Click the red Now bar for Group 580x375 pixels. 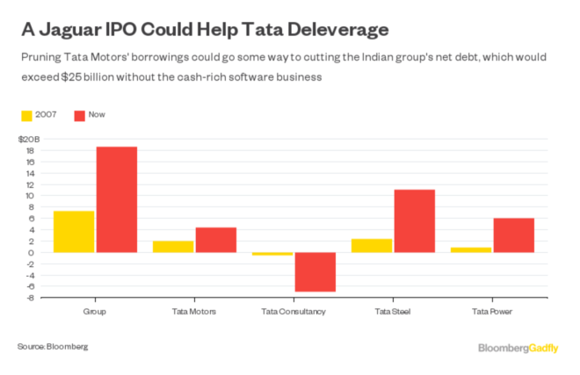pos(116,199)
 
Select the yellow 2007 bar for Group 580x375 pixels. pos(74,232)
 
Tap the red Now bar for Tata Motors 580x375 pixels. pos(215,240)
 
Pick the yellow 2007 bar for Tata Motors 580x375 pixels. pos(173,247)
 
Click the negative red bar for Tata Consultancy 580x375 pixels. pos(315,272)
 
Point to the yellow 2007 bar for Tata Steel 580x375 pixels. pos(372,246)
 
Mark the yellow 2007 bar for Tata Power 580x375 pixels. pos(471,250)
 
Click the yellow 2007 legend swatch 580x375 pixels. pos(26,115)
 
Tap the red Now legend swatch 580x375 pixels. pos(80,115)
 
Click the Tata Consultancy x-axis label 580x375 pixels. pos(294,312)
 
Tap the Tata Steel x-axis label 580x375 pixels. pos(393,312)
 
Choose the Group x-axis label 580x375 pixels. pos(95,312)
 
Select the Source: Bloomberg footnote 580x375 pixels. pos(53,346)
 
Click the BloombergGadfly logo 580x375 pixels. pos(518,348)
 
